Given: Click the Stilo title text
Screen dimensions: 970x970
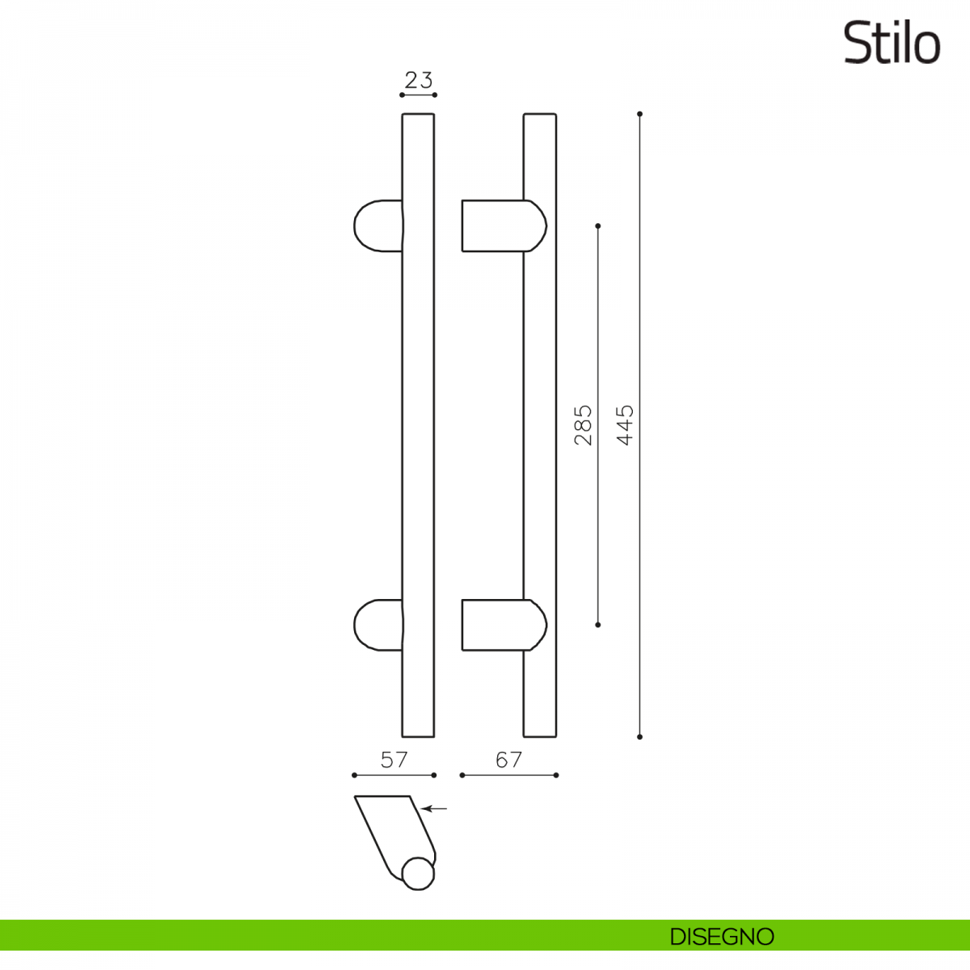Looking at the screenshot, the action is pos(892,44).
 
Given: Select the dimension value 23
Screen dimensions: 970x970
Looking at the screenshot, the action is pos(418,80).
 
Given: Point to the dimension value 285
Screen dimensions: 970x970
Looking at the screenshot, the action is pos(583,425).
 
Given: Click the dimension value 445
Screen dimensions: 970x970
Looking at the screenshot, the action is pos(625,425).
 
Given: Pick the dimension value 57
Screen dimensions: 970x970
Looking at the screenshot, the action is pos(394,760).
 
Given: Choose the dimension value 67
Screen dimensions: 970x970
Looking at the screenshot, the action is pos(509,760).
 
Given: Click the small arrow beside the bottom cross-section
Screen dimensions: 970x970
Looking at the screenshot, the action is pos(434,809).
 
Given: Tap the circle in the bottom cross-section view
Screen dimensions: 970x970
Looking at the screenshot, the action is pos(418,873).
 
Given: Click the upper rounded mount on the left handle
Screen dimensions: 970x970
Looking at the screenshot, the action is pos(378,226).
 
